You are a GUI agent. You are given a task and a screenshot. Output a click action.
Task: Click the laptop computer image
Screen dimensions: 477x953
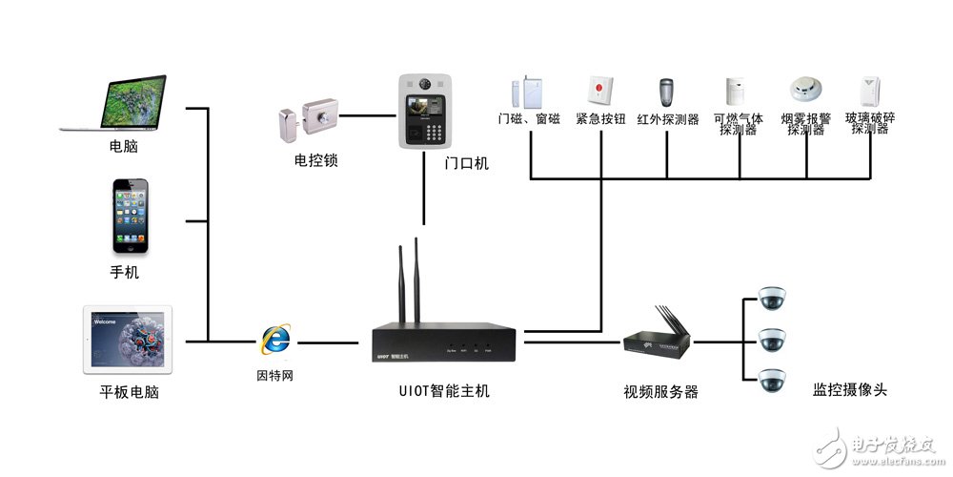113,103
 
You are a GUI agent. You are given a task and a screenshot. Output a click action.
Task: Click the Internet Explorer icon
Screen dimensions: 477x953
276,340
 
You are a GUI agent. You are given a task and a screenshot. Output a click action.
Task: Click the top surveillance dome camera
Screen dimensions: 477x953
771,299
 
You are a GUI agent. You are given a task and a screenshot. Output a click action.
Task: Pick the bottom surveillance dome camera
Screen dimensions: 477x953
771,380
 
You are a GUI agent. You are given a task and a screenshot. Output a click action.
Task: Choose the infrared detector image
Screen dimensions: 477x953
666,93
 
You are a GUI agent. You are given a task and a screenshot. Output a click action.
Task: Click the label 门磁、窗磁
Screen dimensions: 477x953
528,119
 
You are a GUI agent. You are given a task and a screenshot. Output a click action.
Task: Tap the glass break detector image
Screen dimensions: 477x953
868,92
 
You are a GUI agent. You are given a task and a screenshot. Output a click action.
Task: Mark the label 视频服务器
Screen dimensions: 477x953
660,392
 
